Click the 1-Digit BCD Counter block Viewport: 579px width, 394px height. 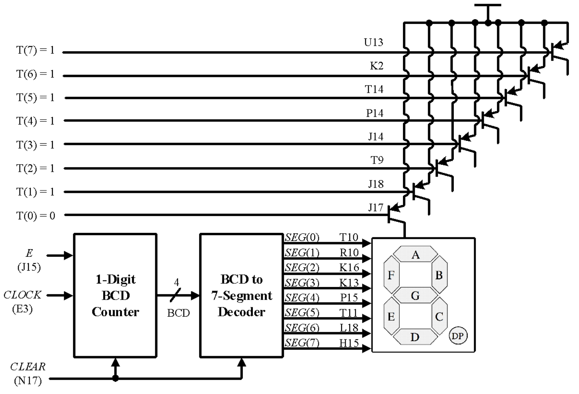point(115,295)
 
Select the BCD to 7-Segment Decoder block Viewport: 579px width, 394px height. point(242,295)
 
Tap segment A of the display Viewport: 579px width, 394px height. point(415,254)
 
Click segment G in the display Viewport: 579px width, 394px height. point(415,295)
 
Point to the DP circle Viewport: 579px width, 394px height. point(458,336)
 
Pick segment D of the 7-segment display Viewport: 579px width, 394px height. point(415,337)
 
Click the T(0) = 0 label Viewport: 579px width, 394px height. point(36,215)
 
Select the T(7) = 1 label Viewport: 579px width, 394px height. point(35,50)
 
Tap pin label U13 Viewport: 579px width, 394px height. point(373,42)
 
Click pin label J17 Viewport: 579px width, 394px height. point(376,208)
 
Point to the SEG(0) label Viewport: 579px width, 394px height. point(302,237)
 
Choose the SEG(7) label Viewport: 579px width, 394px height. point(302,343)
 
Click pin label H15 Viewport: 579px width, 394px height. point(349,343)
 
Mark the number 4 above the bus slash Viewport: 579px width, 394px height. point(176,282)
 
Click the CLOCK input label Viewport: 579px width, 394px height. point(22,295)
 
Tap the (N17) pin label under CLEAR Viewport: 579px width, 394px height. point(28,381)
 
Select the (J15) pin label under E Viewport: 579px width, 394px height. point(29,267)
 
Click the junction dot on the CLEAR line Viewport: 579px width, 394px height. point(115,379)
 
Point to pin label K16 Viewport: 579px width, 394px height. point(349,267)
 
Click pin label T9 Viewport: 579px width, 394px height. point(377,160)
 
